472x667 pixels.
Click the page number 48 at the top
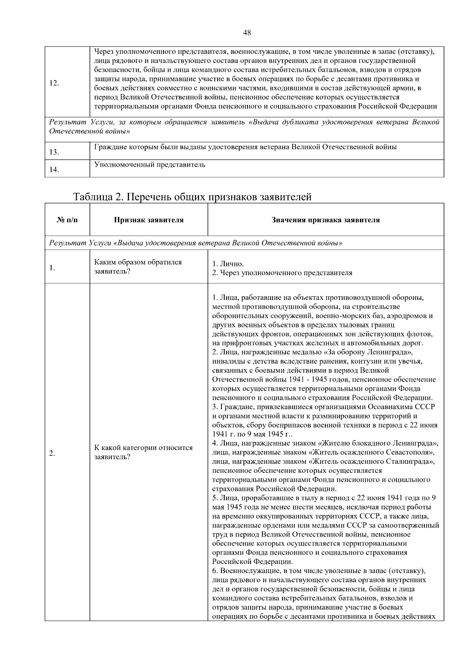[x=247, y=33]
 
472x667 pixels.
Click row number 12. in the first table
[x=54, y=83]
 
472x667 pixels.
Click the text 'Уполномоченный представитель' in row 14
[x=150, y=164]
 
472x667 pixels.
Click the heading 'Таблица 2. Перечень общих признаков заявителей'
[x=192, y=197]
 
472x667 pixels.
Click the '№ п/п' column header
[x=67, y=220]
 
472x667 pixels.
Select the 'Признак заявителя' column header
[x=149, y=220]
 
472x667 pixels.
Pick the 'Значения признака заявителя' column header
[x=326, y=220]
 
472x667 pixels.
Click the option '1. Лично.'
[x=228, y=264]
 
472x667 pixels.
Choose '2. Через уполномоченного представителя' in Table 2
[x=282, y=272]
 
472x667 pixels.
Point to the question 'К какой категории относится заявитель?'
[x=143, y=452]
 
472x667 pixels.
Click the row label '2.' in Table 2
[x=52, y=454]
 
